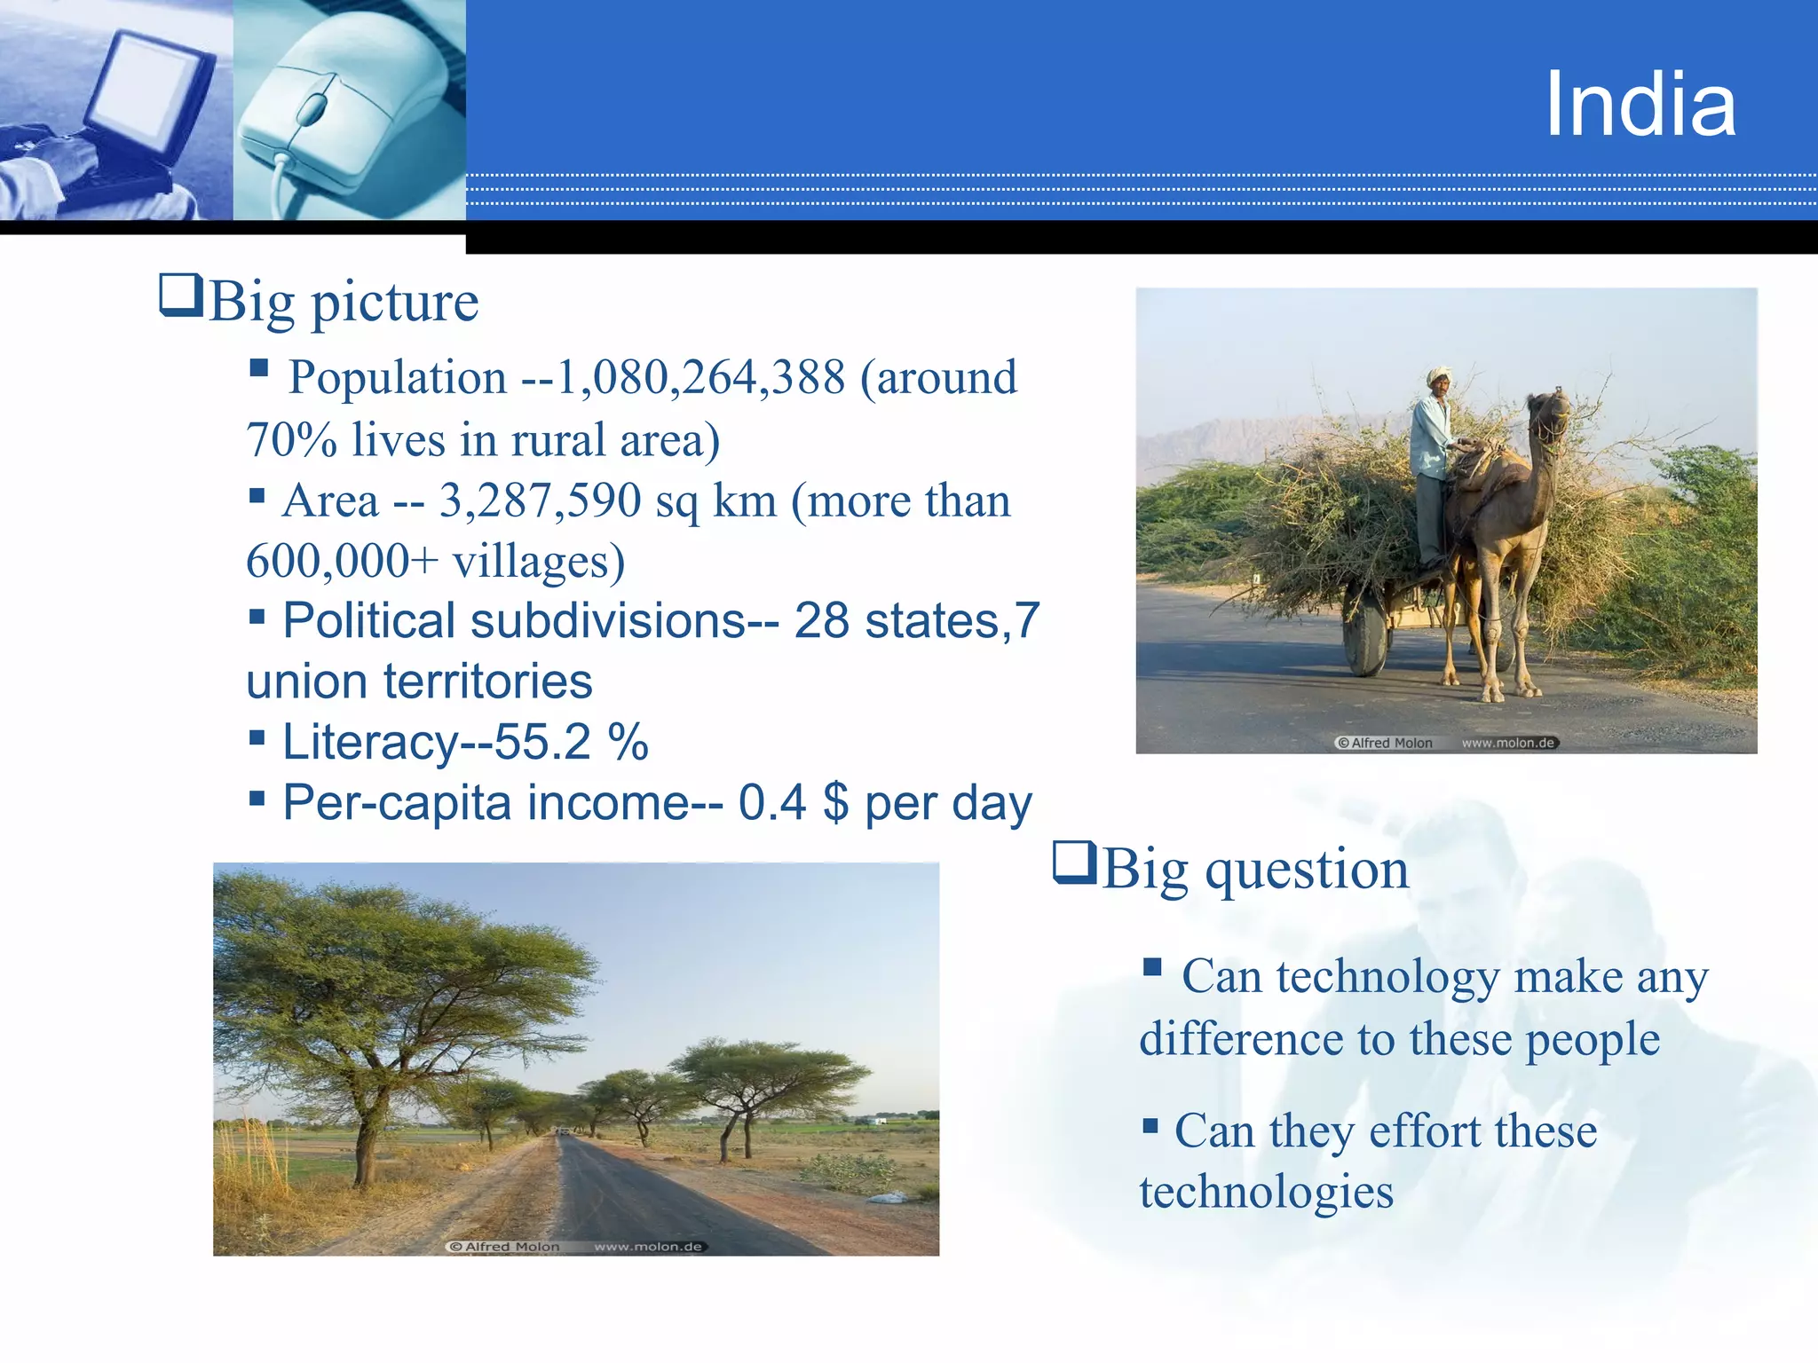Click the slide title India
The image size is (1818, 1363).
click(x=1640, y=105)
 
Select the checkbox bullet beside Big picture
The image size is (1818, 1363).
click(x=181, y=295)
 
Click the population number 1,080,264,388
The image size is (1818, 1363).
click(x=700, y=378)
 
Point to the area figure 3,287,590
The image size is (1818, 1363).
click(x=540, y=501)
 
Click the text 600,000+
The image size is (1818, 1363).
click(x=342, y=562)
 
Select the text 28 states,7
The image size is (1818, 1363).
click(x=916, y=621)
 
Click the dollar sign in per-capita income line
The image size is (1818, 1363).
click(x=835, y=803)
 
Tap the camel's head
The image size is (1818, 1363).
click(x=1549, y=414)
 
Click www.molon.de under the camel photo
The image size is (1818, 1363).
click(x=1508, y=744)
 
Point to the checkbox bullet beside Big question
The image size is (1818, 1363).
click(x=1074, y=862)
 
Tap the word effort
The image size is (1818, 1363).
click(x=1426, y=1131)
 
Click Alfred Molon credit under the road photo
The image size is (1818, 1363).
click(x=505, y=1247)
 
